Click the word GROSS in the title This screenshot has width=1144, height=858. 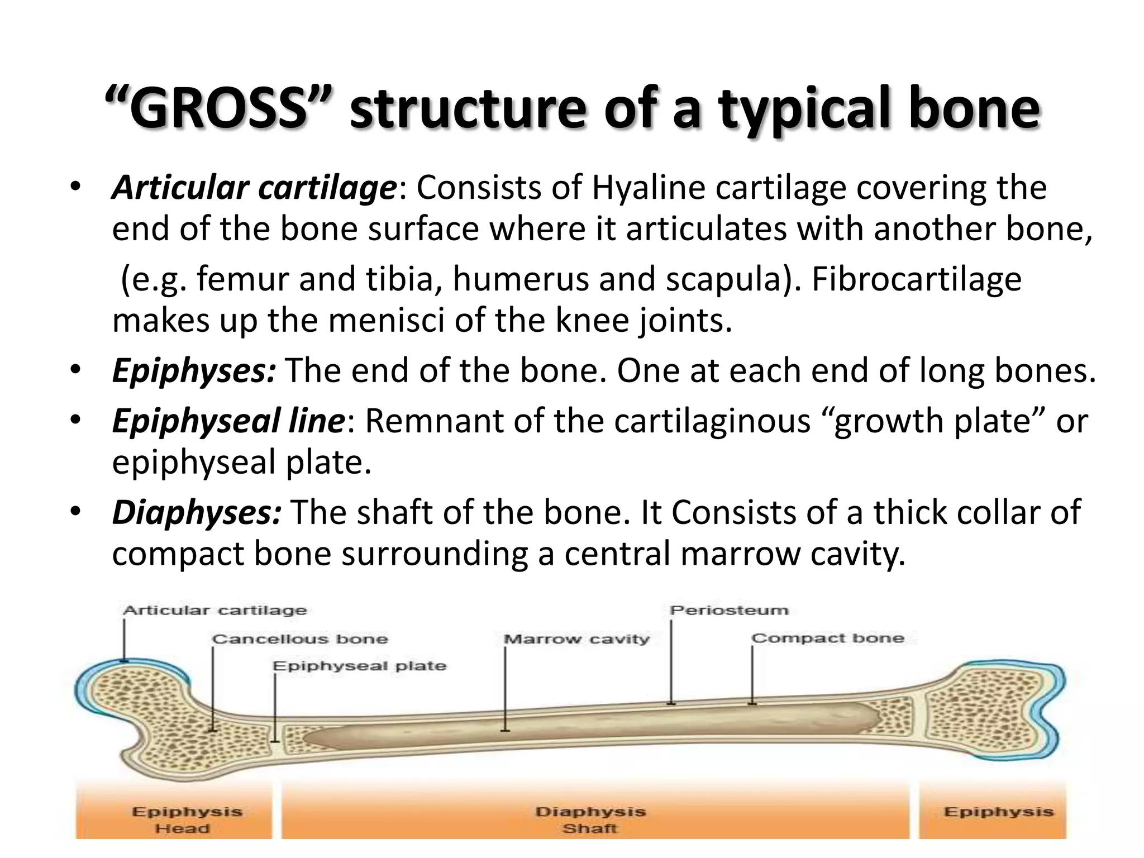(218, 109)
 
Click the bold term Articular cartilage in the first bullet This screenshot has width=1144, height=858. (254, 188)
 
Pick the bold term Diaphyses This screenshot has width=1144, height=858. (196, 513)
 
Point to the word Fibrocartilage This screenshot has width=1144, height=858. (916, 279)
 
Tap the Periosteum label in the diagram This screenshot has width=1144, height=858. (729, 611)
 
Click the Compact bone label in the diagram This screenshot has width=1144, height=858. (827, 638)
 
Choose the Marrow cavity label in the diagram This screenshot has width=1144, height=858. (576, 639)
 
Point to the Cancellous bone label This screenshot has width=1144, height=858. (300, 639)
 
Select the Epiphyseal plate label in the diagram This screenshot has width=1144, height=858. (359, 666)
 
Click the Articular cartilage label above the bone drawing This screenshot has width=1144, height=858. (215, 611)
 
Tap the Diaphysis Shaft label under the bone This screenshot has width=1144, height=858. (590, 819)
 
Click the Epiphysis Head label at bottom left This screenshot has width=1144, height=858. (187, 819)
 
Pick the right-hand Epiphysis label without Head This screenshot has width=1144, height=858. (998, 812)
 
